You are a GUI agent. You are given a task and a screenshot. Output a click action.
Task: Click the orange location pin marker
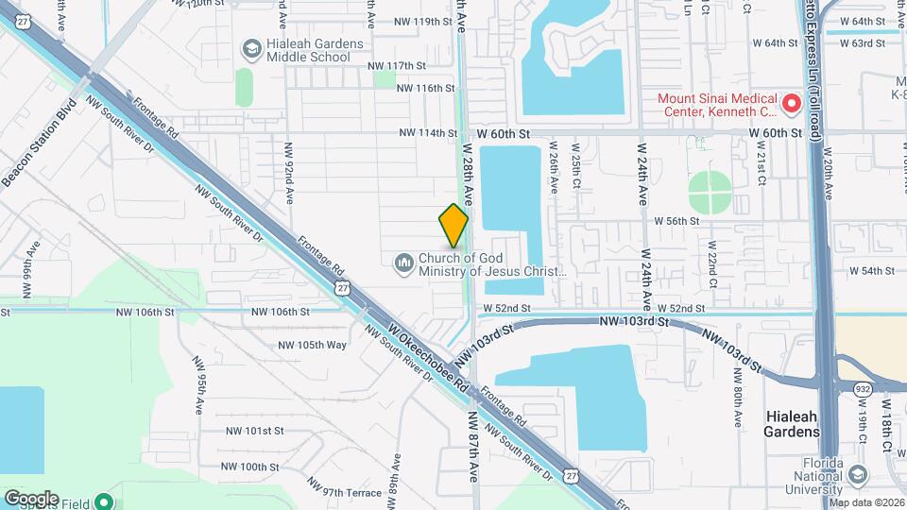tap(454, 225)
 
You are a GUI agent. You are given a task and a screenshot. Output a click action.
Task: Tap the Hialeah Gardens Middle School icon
tap(251, 48)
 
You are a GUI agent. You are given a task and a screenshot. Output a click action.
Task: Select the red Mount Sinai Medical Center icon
tap(793, 101)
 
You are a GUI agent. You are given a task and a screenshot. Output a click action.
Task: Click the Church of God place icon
tap(403, 261)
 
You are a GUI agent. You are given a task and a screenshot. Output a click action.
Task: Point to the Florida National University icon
tap(857, 475)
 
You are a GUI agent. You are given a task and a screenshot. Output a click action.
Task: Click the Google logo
tap(31, 499)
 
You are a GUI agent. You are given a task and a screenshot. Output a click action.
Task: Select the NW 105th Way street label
tap(312, 345)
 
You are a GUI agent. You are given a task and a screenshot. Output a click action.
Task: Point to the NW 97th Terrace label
tap(351, 493)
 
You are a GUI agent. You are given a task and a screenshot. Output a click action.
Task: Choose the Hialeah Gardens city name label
tap(791, 424)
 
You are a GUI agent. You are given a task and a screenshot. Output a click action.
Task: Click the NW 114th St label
tap(428, 133)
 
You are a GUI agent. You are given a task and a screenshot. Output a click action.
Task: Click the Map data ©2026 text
tap(866, 502)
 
